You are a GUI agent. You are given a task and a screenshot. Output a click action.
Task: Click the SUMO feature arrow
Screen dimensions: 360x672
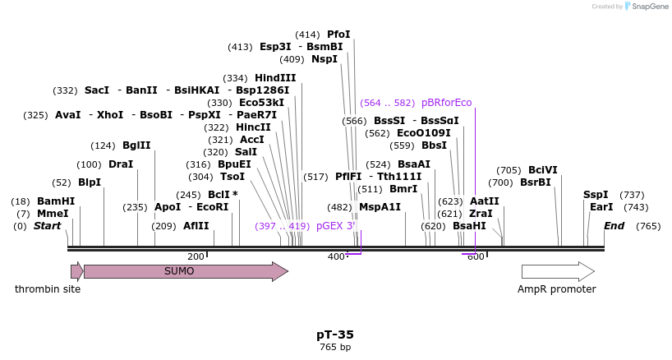[x=186, y=271]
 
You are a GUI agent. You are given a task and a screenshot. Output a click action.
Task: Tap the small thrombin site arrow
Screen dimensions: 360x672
[x=76, y=271]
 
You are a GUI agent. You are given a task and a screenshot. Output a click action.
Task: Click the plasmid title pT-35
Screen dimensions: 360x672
[x=335, y=335]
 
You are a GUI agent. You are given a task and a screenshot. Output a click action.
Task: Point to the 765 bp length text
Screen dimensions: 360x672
[x=335, y=348]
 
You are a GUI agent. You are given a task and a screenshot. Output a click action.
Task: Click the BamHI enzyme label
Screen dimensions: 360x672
[x=56, y=201]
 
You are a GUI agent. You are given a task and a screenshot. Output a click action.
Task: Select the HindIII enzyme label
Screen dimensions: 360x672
[x=275, y=78]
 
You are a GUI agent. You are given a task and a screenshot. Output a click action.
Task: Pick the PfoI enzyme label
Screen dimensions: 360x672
[x=338, y=35]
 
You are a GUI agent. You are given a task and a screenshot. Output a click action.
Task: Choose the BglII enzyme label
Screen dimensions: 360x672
[x=136, y=145]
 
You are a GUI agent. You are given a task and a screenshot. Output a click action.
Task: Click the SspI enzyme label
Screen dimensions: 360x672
[x=596, y=195]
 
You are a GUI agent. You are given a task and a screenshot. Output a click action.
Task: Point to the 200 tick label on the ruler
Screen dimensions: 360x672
[x=196, y=257]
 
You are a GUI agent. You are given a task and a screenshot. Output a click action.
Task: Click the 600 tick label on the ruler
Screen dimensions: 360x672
[x=476, y=257]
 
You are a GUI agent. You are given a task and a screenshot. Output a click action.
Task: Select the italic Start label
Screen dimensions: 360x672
[x=47, y=226]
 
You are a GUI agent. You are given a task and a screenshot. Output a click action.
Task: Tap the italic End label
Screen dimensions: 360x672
[x=614, y=226]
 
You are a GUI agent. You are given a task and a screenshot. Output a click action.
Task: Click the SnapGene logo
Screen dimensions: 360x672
[x=646, y=7]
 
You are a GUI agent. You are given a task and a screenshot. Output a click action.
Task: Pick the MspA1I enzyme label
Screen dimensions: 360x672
[x=380, y=207]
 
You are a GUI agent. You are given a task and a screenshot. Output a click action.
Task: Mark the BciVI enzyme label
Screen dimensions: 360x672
[x=543, y=170]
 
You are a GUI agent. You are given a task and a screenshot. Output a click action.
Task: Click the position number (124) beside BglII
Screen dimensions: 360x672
[x=103, y=145]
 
